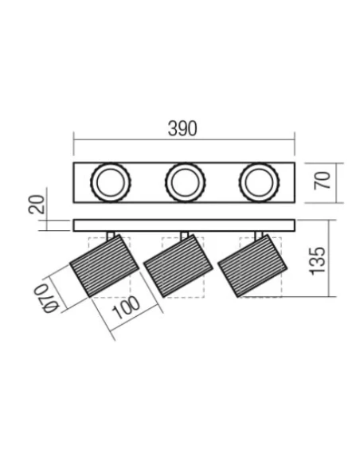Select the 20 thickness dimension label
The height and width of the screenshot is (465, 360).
pos(33,204)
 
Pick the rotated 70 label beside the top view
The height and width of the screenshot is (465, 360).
pos(323,180)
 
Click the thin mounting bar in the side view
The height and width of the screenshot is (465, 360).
pos(183,225)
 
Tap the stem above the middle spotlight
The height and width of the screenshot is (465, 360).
pos(185,235)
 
